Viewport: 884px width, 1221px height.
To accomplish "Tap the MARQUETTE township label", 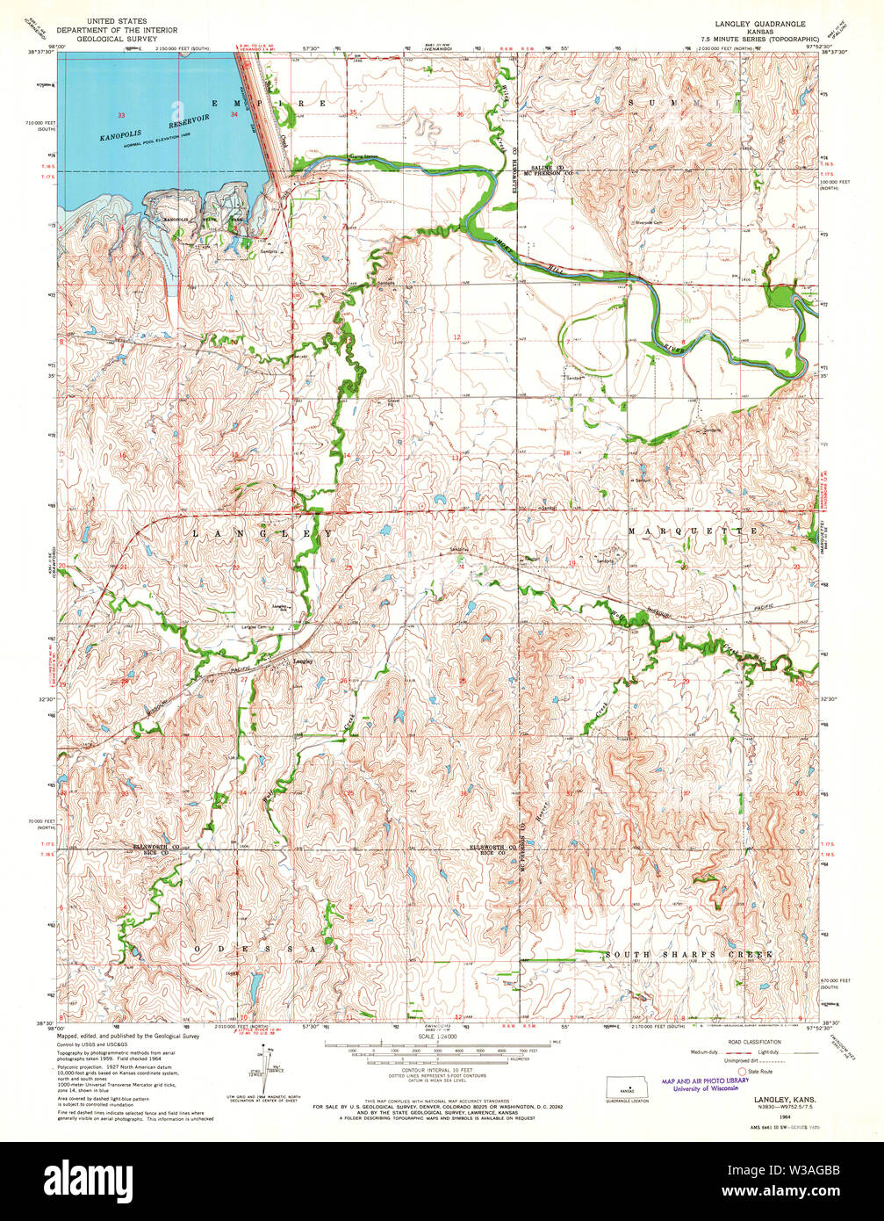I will click(692, 532).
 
